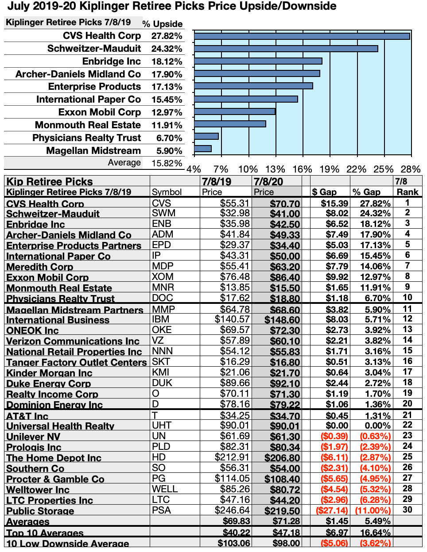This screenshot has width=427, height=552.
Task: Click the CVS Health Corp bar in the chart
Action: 302,36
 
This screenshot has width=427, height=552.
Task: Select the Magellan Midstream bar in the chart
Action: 203,149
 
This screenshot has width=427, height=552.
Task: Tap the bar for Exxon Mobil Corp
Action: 234,111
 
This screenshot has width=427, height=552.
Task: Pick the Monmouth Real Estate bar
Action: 230,124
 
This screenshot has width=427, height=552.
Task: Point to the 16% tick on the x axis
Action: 303,169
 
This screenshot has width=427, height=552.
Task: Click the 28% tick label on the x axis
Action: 411,169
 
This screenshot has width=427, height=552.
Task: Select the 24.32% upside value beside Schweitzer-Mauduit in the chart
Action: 167,49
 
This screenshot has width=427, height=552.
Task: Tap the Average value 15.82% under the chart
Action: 167,163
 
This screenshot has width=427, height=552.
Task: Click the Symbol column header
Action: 167,192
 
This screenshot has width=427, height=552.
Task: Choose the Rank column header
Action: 408,192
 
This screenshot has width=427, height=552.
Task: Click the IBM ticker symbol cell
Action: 162,319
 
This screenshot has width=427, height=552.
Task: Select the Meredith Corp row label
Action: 40,267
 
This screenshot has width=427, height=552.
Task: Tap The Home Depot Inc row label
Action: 54,458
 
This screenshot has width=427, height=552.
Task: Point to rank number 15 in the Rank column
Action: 408,351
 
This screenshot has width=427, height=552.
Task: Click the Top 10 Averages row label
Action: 45,533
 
